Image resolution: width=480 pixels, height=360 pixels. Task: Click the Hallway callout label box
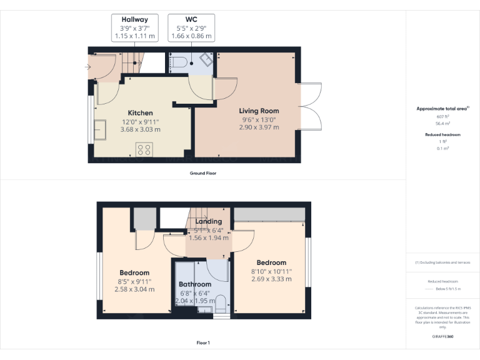(x=134, y=28)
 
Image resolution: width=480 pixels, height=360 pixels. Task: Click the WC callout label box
(x=191, y=28)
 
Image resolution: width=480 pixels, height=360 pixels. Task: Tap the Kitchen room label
(x=141, y=113)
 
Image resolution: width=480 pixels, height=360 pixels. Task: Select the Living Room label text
(x=259, y=111)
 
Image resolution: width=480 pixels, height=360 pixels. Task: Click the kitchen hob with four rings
(x=144, y=149)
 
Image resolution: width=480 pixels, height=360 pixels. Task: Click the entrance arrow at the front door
(x=88, y=66)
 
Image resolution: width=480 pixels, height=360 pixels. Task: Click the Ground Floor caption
(x=203, y=173)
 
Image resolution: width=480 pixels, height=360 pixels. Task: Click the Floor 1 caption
(x=203, y=342)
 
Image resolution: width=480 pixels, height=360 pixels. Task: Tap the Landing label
(x=209, y=221)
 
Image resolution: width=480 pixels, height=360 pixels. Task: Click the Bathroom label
(x=195, y=284)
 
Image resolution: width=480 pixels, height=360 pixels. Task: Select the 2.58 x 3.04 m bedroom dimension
(x=134, y=289)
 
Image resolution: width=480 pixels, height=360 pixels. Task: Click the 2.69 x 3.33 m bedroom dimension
(x=271, y=279)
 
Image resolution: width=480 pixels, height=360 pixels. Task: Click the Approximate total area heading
(x=442, y=109)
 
